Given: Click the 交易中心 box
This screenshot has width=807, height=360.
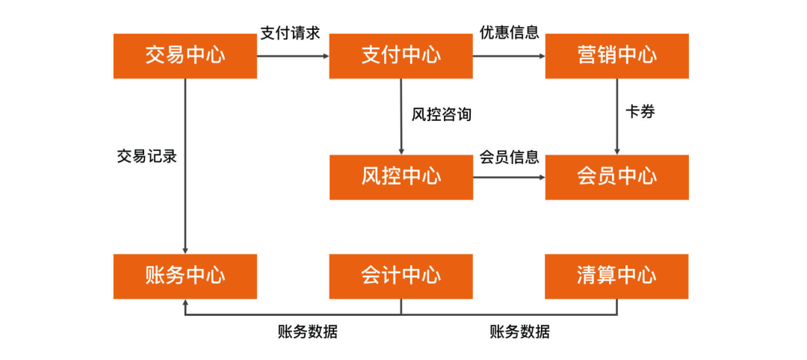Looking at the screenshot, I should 185,56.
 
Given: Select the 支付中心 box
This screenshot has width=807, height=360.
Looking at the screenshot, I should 401,56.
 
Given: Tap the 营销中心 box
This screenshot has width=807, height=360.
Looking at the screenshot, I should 616,56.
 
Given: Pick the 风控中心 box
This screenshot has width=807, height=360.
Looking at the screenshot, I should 401,177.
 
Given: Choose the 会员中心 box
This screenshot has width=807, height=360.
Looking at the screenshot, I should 616,177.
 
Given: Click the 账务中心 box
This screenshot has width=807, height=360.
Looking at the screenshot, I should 185,276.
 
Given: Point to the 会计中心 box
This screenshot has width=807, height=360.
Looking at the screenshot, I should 401,276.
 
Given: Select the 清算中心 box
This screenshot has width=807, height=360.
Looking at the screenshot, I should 616,276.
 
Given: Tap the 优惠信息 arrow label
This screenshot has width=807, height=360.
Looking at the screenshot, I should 509,34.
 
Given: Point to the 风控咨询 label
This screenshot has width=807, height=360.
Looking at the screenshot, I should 442,115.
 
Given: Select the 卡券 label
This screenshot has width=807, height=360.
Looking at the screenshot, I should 640,112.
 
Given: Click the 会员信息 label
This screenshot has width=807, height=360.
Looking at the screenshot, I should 509,158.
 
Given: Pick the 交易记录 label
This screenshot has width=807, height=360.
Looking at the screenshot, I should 147,157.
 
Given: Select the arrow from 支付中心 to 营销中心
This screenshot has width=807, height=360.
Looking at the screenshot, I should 509,56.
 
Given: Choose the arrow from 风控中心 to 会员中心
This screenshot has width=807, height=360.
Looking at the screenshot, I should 509,177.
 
